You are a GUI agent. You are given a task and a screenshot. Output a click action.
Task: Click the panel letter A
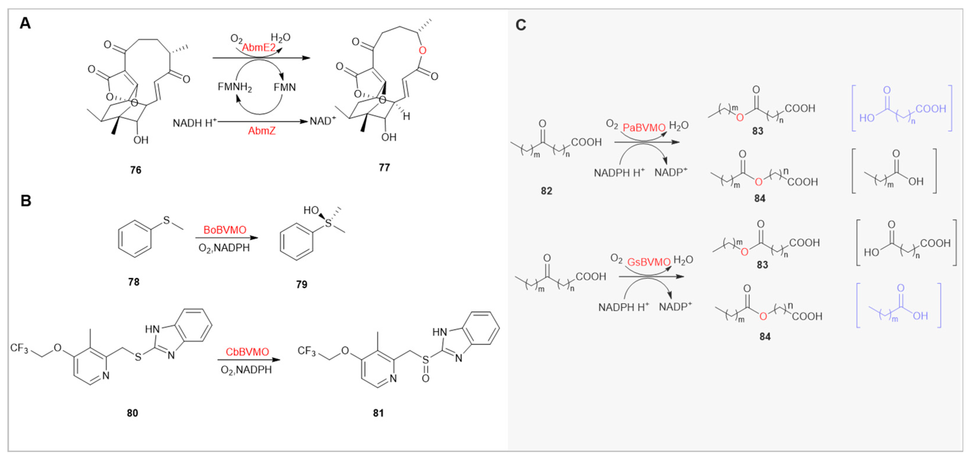coord(25,23)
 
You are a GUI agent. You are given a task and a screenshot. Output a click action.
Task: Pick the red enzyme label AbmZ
coord(262,131)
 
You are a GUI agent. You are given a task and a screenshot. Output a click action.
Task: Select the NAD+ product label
coord(322,121)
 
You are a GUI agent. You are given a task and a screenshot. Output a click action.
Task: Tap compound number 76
coord(136,170)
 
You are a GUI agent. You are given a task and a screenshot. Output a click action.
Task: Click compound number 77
coord(384,167)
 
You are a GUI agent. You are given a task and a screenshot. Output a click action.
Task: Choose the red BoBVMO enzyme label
coord(225,230)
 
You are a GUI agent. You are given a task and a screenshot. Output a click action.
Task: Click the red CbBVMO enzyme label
coord(247,352)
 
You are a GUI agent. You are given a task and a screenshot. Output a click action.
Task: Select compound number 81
coord(378,413)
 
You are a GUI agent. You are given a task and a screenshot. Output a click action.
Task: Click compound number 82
coord(546,191)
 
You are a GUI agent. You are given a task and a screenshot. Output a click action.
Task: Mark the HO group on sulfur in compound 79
coord(312,210)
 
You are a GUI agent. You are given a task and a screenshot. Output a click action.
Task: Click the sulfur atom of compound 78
coord(167,220)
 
